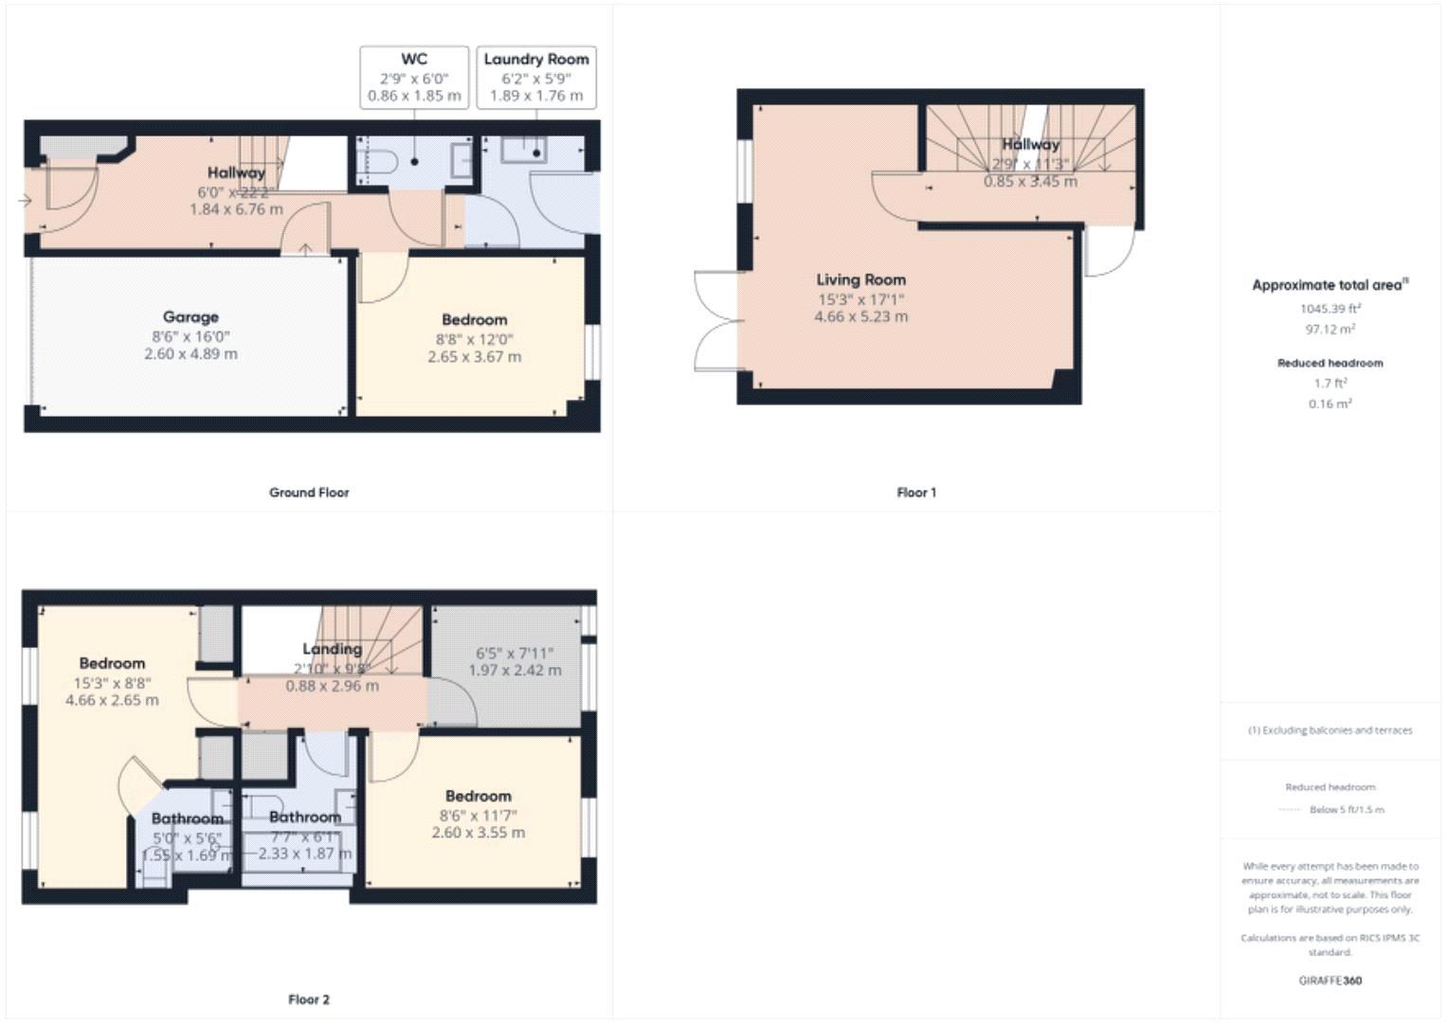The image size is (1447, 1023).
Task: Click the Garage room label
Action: [190, 317]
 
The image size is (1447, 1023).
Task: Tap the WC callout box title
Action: [414, 59]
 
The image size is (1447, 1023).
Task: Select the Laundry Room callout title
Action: [536, 59]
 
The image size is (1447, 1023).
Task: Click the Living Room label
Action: [860, 279]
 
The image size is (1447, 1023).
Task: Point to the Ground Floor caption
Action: [309, 493]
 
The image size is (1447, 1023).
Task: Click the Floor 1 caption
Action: [916, 493]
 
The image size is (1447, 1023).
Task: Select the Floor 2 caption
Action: [309, 999]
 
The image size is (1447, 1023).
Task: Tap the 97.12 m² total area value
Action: [1329, 329]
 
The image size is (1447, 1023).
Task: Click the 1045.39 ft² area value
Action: [1329, 309]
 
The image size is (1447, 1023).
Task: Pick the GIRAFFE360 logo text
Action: [1329, 980]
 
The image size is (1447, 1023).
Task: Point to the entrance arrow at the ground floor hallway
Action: [24, 200]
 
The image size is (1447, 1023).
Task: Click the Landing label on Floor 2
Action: [332, 649]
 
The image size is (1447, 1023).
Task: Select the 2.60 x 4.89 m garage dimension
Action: [190, 354]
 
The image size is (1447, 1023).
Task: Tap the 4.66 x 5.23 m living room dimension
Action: [860, 316]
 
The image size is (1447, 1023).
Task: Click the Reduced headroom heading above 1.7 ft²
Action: [1329, 363]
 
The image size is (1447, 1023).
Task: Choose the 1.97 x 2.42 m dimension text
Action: [515, 671]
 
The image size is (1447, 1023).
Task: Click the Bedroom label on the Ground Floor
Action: [474, 320]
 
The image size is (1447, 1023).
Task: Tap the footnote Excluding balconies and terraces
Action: [1329, 730]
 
